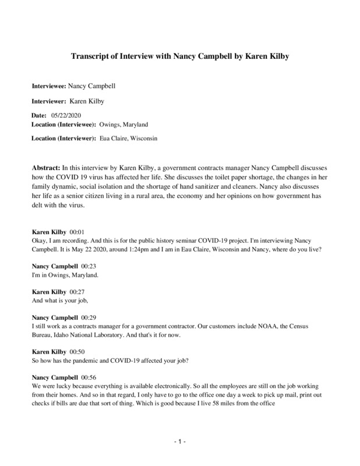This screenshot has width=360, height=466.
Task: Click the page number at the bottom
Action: click(180, 442)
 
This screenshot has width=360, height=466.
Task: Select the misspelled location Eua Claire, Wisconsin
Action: click(128, 138)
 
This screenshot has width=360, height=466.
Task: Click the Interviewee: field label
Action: click(48, 86)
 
